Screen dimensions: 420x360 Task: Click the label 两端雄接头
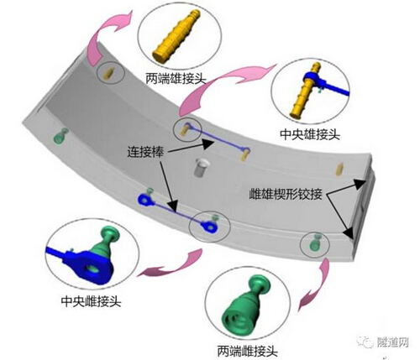click(176, 79)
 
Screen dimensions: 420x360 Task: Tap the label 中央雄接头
click(310, 134)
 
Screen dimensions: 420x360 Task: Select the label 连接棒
click(145, 152)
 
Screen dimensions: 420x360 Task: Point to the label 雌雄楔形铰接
click(286, 194)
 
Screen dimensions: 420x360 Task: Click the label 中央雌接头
click(91, 301)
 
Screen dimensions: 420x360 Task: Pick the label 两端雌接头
click(248, 351)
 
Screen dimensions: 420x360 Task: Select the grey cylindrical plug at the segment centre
click(201, 167)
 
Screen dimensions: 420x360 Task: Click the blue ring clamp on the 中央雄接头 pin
click(312, 78)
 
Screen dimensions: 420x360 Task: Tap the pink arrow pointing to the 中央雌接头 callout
click(171, 264)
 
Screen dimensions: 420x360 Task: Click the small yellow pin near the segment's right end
click(339, 169)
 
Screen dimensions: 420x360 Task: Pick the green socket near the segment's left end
click(61, 135)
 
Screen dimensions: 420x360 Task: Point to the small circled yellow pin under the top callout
click(108, 74)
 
